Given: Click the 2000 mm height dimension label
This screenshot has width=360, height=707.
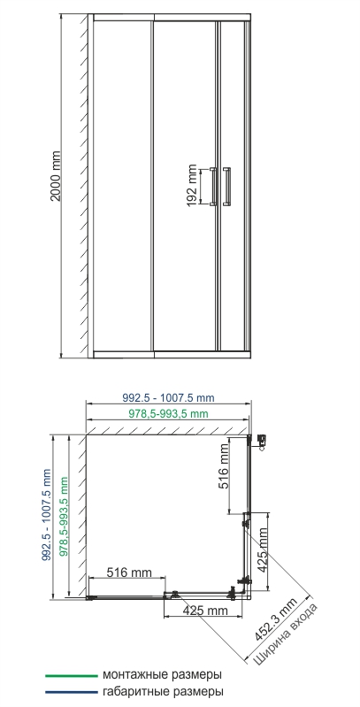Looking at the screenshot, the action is tap(55, 175).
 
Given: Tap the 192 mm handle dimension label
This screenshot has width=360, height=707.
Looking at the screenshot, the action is tap(192, 186).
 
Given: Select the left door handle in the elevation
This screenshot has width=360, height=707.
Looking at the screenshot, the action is tap(213, 186).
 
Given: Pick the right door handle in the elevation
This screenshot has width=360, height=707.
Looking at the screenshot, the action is tap(227, 186).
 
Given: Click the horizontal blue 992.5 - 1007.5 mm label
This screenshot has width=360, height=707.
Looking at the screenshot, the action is tap(168, 398).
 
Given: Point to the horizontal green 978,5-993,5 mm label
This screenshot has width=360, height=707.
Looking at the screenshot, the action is tap(168, 413).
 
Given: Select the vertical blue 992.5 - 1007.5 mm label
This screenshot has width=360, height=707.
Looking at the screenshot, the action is tap(46, 514).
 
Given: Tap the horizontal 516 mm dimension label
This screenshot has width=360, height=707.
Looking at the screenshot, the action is tap(129, 573).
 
